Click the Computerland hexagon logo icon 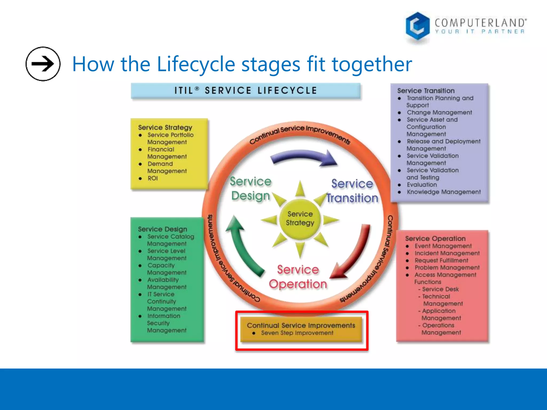tap(417, 26)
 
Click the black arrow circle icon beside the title tap(43, 64)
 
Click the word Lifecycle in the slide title tap(196, 64)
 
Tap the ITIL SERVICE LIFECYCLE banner tap(245, 90)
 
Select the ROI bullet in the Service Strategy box tap(153, 178)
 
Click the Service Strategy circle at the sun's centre tap(300, 219)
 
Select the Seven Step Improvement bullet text tap(297, 333)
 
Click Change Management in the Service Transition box tap(439, 112)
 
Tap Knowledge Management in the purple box tap(443, 192)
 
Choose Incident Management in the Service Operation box tap(447, 253)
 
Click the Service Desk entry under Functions tap(440, 289)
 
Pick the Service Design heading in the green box tap(162, 229)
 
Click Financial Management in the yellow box tap(167, 153)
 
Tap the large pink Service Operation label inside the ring tap(298, 277)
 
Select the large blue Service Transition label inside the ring tap(352, 191)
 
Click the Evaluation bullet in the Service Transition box tap(422, 185)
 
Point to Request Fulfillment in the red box tap(441, 260)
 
